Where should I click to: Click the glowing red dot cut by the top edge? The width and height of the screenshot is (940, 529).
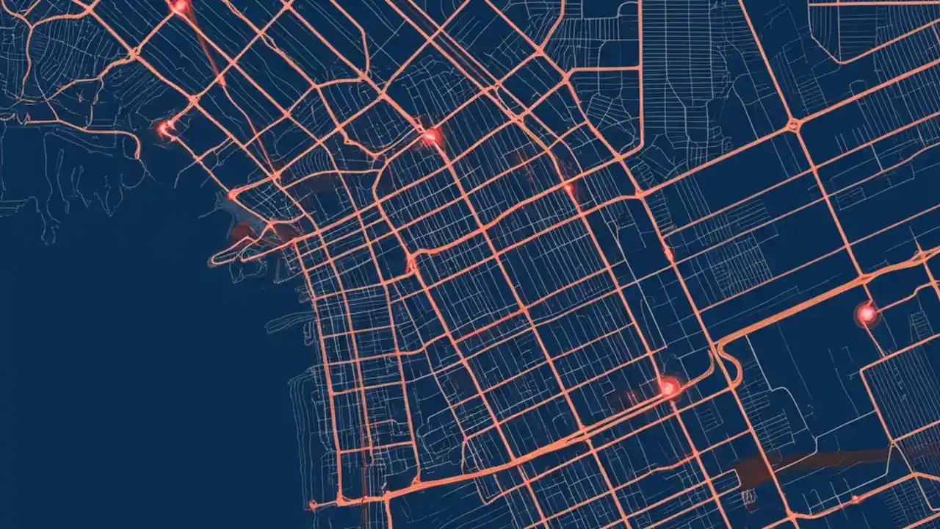(179, 5)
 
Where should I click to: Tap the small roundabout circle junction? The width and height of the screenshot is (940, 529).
(794, 126)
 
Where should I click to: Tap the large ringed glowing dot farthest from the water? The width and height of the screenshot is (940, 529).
(867, 314)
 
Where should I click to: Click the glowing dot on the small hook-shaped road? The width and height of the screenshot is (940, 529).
(166, 129)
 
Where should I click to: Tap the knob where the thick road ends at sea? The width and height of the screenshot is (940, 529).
(312, 505)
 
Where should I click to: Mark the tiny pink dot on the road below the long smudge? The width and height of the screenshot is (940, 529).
(854, 499)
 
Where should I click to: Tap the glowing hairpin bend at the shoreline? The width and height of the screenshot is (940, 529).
(233, 195)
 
